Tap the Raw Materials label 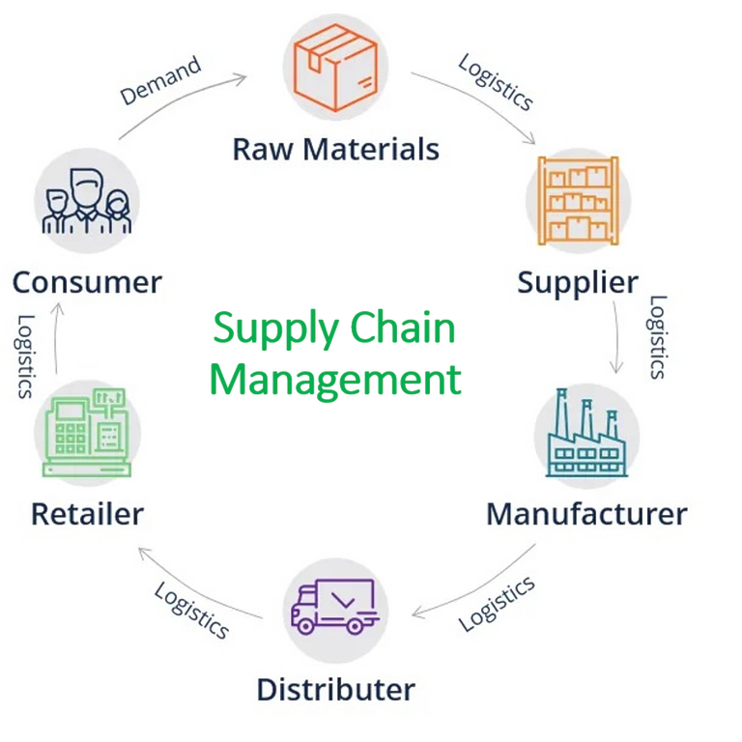coord(335,150)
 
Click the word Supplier coord(578,283)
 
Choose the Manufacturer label coord(586,513)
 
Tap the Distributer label coord(335,690)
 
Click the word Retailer coord(87,513)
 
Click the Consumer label coord(87,283)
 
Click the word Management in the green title coord(335,378)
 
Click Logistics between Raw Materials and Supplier coord(495,82)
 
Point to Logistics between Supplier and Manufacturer coord(657,337)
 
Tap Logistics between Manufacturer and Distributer coord(496,604)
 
